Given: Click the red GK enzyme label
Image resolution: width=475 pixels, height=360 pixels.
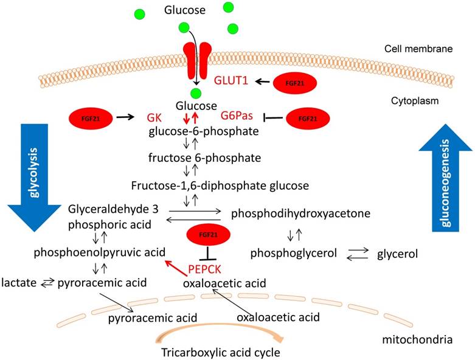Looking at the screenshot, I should (x=156, y=117).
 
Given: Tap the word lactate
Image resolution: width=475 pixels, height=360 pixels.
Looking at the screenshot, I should (x=16, y=283).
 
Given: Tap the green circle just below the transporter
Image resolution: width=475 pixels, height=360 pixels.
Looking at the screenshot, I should (x=195, y=93).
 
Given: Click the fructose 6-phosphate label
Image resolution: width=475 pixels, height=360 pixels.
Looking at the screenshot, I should (x=195, y=157).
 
